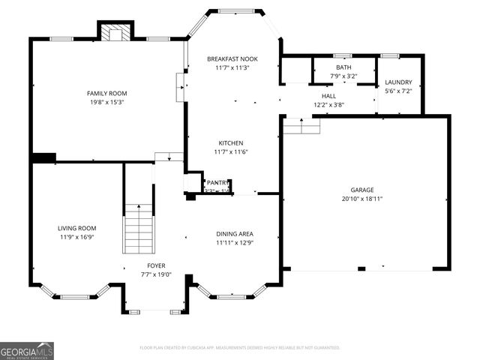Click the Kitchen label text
tap(231, 142)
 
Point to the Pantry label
tap(217, 182)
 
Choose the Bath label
tap(343, 67)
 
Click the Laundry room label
tap(398, 82)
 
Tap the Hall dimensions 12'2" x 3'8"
tap(328, 105)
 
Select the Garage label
tap(361, 190)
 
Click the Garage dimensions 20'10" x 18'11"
tap(361, 199)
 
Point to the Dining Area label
tap(235, 234)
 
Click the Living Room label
tap(77, 228)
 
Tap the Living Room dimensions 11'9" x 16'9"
tap(77, 237)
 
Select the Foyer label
tap(156, 265)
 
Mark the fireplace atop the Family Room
tap(115, 31)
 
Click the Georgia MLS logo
tap(27, 350)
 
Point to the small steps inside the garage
tap(301, 127)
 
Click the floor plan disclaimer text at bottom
tap(240, 348)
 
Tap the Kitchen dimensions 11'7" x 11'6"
tap(231, 151)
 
